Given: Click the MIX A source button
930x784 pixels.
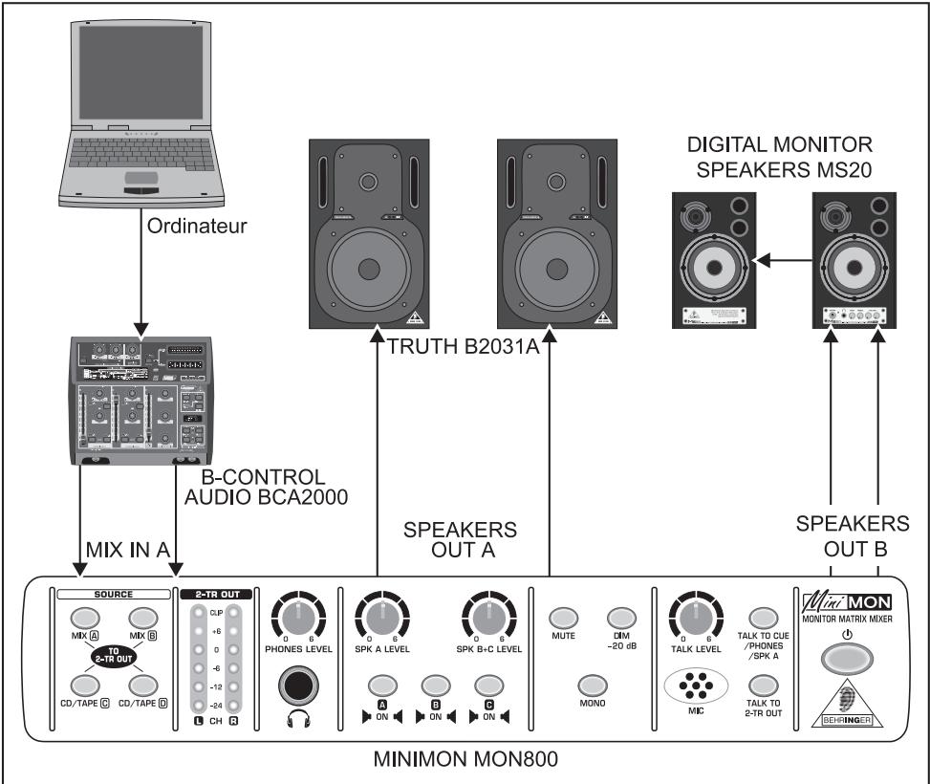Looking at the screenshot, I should [x=83, y=619].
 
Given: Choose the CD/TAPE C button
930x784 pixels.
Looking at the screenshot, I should [x=83, y=685].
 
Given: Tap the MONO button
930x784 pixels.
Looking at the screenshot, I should [x=592, y=685].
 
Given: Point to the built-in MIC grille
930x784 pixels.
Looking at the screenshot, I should [x=696, y=686].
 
